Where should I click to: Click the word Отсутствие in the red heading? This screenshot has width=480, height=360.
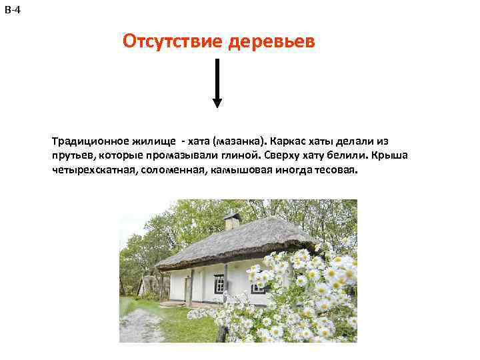pyautogui.click(x=173, y=43)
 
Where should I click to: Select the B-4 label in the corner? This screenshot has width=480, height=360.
pyautogui.click(x=12, y=9)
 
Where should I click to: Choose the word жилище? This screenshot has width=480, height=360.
pyautogui.click(x=153, y=142)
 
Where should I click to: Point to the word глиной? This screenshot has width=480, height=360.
pyautogui.click(x=237, y=156)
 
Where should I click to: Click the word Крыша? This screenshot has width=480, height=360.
pyautogui.click(x=390, y=156)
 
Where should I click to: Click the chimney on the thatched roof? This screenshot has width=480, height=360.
pyautogui.click(x=232, y=221)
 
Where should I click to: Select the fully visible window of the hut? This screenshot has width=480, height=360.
pyautogui.click(x=219, y=283)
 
